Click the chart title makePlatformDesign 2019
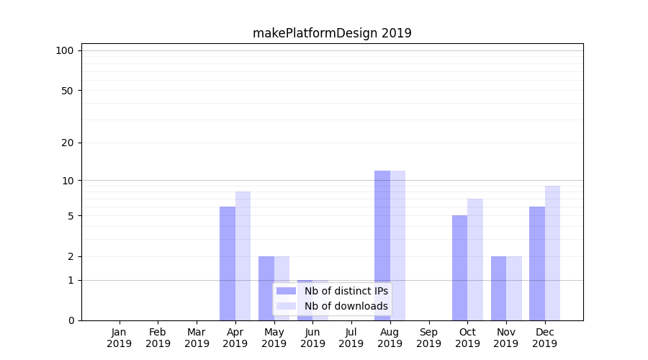click(x=332, y=33)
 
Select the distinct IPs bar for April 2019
click(x=228, y=264)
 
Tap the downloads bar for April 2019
click(x=243, y=256)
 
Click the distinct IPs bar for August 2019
click(x=382, y=246)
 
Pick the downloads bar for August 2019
click(x=397, y=246)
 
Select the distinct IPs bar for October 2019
click(x=459, y=268)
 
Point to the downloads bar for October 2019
click(x=475, y=259)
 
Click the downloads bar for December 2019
click(x=552, y=253)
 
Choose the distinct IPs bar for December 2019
click(x=537, y=264)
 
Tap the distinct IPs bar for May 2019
click(x=266, y=288)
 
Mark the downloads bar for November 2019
click(x=514, y=288)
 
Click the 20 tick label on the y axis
click(x=67, y=143)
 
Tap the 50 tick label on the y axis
click(x=67, y=91)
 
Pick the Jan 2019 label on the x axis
click(x=120, y=338)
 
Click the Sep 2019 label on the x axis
click(x=428, y=338)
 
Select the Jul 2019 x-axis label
click(x=351, y=338)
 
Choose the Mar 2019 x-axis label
click(x=197, y=338)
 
